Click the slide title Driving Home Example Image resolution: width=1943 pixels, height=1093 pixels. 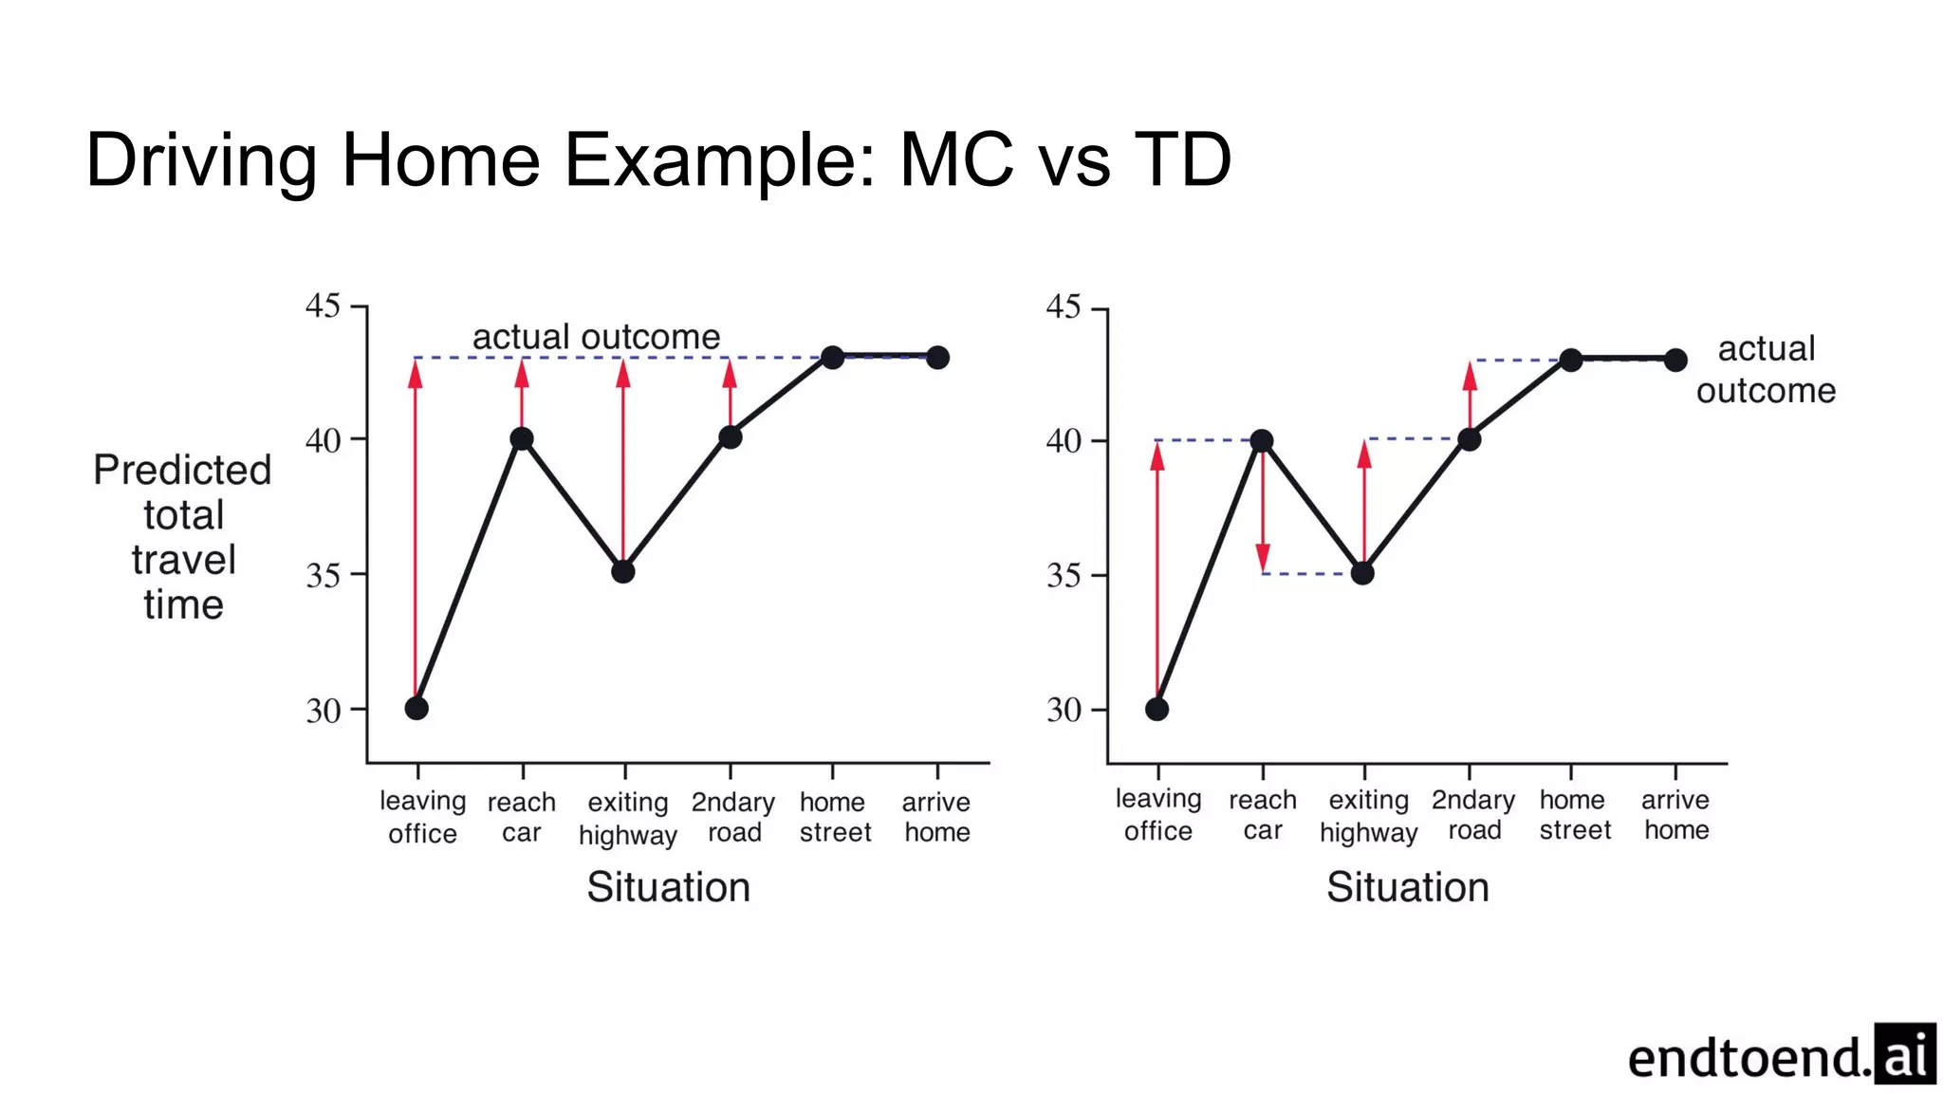pos(657,159)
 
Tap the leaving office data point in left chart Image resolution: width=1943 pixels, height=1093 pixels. pos(416,708)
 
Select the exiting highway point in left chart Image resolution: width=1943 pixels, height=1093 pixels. pos(622,571)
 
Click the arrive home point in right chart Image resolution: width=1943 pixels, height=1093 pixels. pos(1675,360)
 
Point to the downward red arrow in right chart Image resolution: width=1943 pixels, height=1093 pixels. pos(1263,512)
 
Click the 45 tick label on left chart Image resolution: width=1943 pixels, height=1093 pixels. pos(323,306)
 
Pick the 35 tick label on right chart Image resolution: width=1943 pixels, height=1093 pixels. pos(1064,575)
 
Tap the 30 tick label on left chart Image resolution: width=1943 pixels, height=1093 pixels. pos(323,710)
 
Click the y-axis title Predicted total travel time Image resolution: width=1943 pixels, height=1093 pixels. pos(182,536)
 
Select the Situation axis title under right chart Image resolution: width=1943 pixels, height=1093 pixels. pos(1407,886)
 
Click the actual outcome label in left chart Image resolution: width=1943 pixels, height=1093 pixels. pos(596,337)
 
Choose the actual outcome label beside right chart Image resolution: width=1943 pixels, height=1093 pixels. pos(1766,369)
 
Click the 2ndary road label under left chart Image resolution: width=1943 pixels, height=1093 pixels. pos(733,817)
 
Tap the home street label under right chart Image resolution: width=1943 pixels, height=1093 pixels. pos(1575,815)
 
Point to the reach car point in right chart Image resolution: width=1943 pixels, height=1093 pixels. pos(1261,440)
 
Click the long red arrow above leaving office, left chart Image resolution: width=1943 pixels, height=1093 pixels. pos(416,531)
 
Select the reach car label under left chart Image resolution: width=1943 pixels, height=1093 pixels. pos(521,817)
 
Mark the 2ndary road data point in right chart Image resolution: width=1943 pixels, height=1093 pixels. pos(1469,439)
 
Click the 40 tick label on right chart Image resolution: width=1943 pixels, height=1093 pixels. pos(1064,440)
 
